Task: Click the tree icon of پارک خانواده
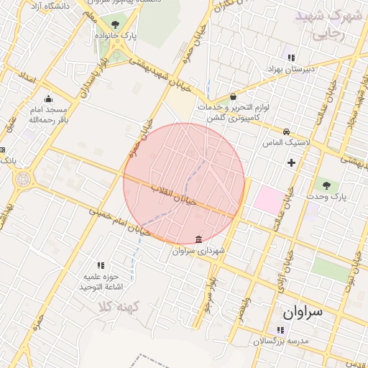click(115, 24)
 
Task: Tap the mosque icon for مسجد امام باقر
click(48, 99)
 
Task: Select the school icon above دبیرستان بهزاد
click(290, 57)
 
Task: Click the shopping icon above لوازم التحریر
click(233, 97)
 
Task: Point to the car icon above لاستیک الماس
click(286, 132)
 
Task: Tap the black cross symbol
click(291, 162)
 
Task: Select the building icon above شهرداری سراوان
click(198, 239)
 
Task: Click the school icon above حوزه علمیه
click(100, 265)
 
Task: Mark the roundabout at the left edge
click(24, 178)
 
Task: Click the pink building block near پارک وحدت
click(269, 198)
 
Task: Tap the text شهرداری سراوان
click(199, 252)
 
